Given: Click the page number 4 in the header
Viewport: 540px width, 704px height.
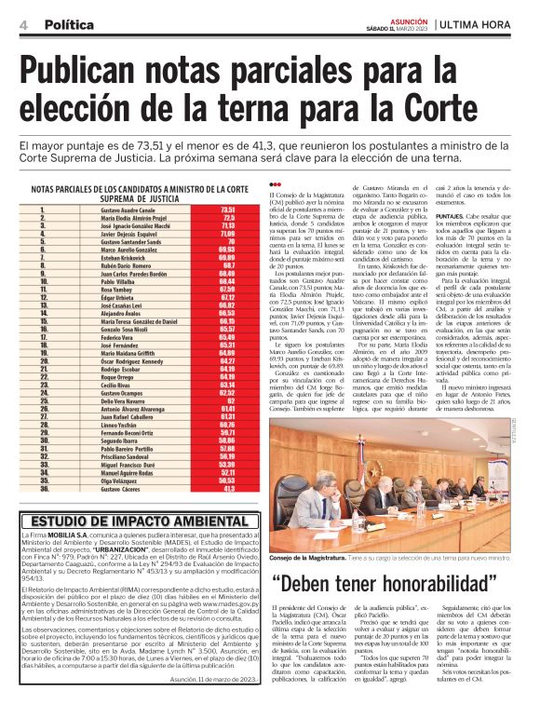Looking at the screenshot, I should (21, 22).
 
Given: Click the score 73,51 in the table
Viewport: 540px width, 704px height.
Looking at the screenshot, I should (227, 210).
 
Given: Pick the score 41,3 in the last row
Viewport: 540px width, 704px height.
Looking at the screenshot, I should (229, 488).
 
